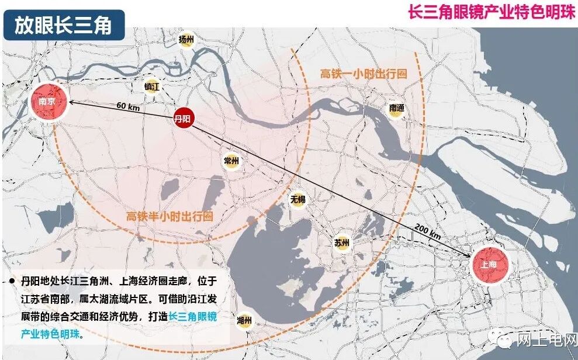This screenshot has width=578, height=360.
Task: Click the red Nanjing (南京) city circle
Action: tap(47, 102)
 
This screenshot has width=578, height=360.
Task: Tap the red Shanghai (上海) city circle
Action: tap(490, 264)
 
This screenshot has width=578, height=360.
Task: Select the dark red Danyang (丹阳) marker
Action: tap(183, 118)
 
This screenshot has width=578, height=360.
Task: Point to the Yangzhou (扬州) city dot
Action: tap(186, 40)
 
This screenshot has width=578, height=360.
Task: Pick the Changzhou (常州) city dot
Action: tap(231, 161)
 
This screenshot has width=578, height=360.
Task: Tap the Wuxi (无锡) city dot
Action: tap(298, 200)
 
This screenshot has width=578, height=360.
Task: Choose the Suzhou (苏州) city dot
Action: tap(342, 243)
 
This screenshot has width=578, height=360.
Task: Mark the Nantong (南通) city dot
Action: tap(397, 108)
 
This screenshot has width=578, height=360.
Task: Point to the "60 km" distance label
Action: tap(128, 105)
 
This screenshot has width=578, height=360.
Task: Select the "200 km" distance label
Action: tap(427, 231)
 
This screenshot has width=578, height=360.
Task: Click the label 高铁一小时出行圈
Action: tap(364, 74)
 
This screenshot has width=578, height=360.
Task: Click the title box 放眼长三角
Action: tap(64, 26)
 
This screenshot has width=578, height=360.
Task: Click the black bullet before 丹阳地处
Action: tap(12, 282)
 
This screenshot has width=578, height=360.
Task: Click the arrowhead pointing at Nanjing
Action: tap(71, 102)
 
